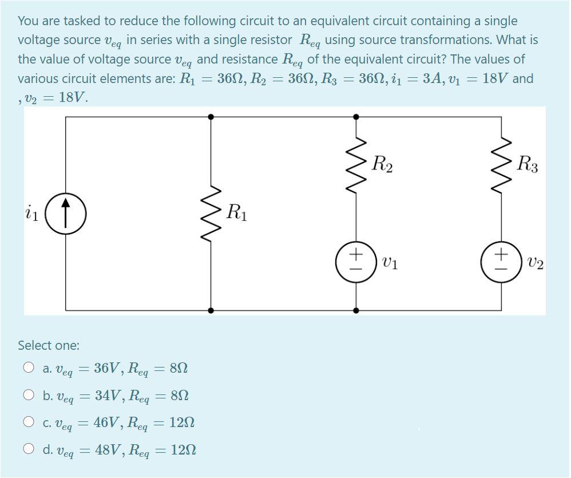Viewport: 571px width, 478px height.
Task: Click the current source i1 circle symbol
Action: click(66, 214)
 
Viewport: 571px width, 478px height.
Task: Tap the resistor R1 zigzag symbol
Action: click(211, 213)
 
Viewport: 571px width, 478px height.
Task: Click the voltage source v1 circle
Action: click(356, 263)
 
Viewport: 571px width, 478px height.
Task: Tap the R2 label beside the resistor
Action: click(382, 165)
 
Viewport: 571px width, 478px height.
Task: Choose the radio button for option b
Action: click(29, 395)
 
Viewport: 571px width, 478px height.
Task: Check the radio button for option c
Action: click(29, 422)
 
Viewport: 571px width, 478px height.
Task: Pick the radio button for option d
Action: click(29, 449)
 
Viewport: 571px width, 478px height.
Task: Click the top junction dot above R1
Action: click(211, 116)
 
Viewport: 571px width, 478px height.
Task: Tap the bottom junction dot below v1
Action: click(356, 311)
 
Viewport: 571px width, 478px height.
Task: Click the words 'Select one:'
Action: click(49, 345)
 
